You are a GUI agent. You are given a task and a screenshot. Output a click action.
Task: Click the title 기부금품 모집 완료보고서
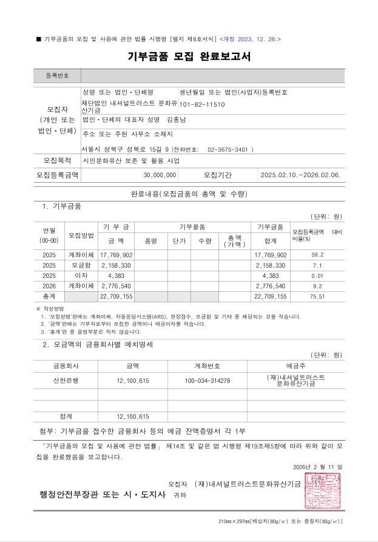click(189, 57)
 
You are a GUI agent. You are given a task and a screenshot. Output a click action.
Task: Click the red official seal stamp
click(323, 490)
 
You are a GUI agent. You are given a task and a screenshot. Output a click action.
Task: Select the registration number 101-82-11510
click(202, 104)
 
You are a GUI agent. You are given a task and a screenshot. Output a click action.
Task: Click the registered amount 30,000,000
click(160, 175)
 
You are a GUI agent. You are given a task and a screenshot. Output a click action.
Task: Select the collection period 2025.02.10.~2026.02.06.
click(300, 175)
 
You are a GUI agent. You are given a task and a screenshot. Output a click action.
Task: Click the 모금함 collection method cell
click(81, 265)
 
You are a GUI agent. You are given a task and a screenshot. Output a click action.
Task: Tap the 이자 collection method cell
click(81, 276)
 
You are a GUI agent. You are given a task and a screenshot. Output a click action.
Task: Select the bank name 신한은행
click(66, 380)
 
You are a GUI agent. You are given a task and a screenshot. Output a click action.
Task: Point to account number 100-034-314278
click(207, 380)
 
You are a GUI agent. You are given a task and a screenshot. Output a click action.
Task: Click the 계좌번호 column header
click(207, 366)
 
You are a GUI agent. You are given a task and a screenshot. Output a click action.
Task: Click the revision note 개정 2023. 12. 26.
click(251, 39)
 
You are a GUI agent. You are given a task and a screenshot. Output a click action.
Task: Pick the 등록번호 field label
click(58, 76)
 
